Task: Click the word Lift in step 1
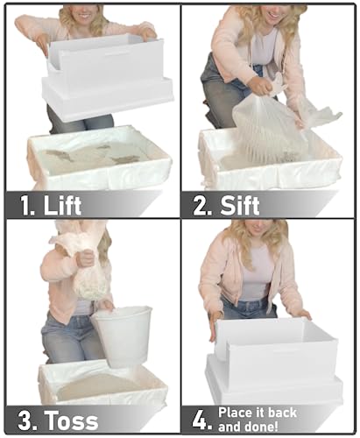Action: pyautogui.click(x=62, y=205)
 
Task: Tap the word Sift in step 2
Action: pyautogui.click(x=239, y=206)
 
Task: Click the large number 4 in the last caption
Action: pyautogui.click(x=200, y=420)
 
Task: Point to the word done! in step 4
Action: pyautogui.click(x=261, y=427)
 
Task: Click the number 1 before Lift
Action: pyautogui.click(x=26, y=206)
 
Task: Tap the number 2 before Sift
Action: pyautogui.click(x=201, y=206)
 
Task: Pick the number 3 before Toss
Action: pyautogui.click(x=25, y=420)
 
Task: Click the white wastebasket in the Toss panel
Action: pyautogui.click(x=123, y=336)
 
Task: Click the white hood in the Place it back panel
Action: pyautogui.click(x=274, y=359)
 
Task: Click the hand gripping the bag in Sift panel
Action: pyautogui.click(x=261, y=85)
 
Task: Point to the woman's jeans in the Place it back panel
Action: pyautogui.click(x=248, y=309)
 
